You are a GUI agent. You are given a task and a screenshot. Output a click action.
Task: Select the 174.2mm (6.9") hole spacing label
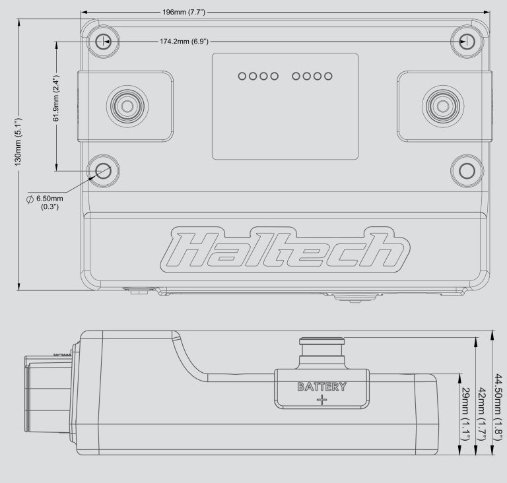click(184, 42)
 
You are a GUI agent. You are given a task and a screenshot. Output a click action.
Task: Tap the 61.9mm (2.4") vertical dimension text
click(57, 98)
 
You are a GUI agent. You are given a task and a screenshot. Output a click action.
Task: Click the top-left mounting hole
click(102, 42)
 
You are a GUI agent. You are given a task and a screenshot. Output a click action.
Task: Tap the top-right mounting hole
click(467, 42)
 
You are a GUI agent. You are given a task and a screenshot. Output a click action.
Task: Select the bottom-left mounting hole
click(103, 171)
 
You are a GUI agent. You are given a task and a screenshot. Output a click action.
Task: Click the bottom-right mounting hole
click(467, 171)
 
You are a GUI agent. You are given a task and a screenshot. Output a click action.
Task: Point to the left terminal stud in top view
click(125, 104)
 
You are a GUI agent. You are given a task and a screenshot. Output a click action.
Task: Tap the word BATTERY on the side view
click(321, 387)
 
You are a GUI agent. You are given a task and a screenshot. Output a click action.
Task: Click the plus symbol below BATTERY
click(321, 401)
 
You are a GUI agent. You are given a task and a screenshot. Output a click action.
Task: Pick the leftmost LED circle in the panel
click(242, 76)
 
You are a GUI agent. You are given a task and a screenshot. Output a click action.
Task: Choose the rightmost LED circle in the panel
click(328, 76)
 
